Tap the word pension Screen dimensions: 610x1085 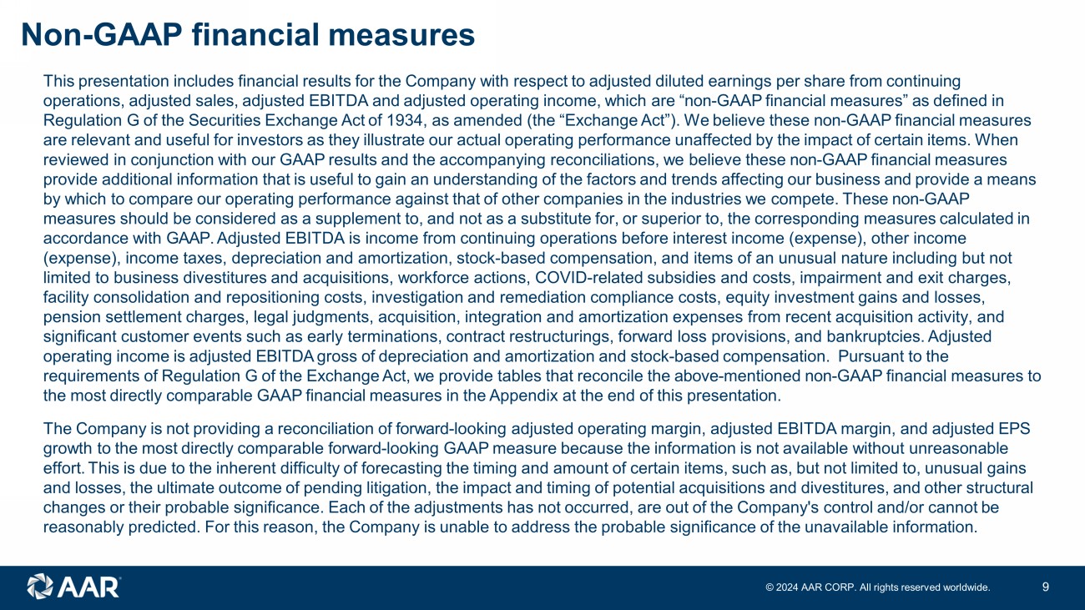[68, 317]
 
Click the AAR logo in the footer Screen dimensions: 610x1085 [74, 586]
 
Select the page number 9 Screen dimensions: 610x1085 [1046, 587]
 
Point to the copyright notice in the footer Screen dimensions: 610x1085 [878, 587]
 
